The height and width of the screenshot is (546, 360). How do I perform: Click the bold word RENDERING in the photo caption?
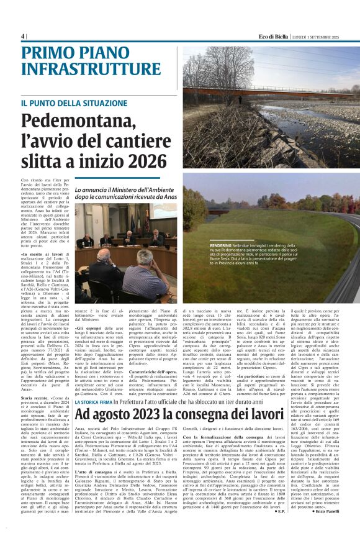pyautogui.click(x=222, y=246)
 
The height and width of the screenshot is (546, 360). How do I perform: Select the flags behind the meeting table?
pyautogui.click(x=133, y=221)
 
